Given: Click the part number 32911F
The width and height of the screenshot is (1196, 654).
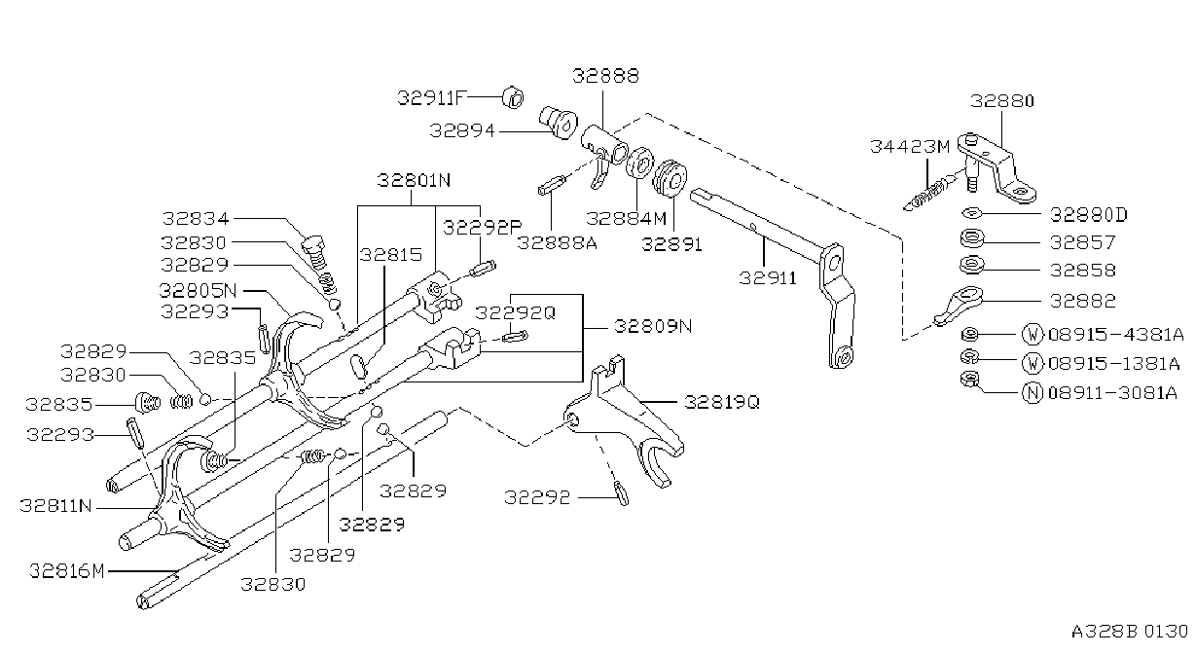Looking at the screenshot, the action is pyautogui.click(x=432, y=97).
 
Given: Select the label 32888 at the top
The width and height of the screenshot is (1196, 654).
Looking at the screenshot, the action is pyautogui.click(x=605, y=76).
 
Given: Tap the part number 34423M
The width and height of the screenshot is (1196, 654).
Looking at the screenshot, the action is pyautogui.click(x=910, y=146).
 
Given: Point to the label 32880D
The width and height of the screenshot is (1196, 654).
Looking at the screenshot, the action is pyautogui.click(x=1089, y=215).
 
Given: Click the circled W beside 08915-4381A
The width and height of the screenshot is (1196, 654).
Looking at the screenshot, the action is pyautogui.click(x=1033, y=335).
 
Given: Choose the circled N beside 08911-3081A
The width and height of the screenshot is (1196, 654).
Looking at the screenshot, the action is pyautogui.click(x=1033, y=393).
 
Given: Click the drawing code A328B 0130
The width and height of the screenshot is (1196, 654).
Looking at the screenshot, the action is pyautogui.click(x=1130, y=632).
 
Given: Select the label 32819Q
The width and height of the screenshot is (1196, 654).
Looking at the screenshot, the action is pyautogui.click(x=722, y=402).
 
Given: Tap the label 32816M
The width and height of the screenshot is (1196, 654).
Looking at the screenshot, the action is pyautogui.click(x=67, y=571).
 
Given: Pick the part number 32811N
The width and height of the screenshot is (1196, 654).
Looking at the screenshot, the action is pyautogui.click(x=56, y=505).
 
